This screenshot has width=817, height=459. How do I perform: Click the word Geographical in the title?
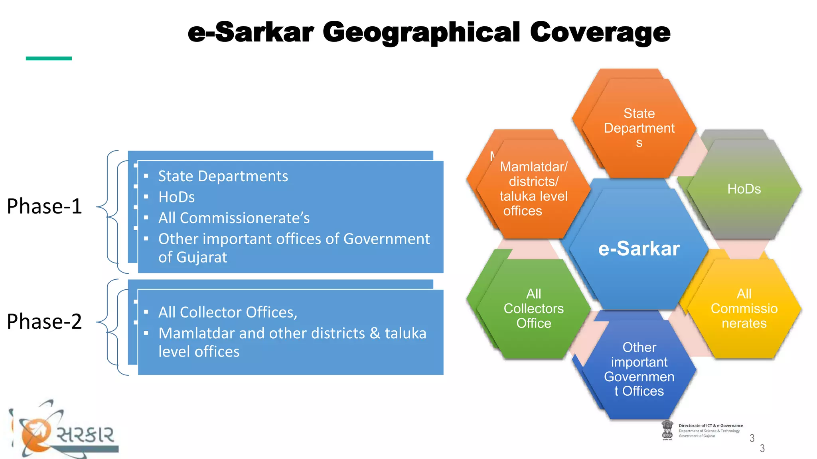[x=421, y=33]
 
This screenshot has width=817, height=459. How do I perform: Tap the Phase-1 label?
[x=44, y=206]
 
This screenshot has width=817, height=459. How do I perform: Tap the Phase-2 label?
[x=44, y=321]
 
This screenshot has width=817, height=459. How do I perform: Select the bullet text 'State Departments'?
[x=223, y=176]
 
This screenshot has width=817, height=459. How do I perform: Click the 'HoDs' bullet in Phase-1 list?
[x=176, y=197]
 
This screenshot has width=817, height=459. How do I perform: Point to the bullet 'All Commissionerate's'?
[x=234, y=218]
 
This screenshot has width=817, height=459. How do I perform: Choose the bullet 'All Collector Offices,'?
[x=228, y=312]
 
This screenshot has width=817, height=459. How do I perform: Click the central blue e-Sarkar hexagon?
[x=639, y=249]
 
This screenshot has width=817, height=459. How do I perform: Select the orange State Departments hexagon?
[x=639, y=128]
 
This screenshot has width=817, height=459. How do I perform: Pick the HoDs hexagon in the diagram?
[x=744, y=189]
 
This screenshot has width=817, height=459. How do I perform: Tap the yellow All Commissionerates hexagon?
[x=744, y=308]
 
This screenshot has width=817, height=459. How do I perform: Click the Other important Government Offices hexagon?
[x=639, y=369]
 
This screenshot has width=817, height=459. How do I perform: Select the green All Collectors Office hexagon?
[x=533, y=308]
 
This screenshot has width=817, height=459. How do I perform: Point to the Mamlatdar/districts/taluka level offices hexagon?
[x=533, y=189]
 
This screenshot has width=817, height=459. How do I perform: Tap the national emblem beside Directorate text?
[x=667, y=430]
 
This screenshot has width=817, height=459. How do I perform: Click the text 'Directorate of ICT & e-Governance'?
[x=711, y=426]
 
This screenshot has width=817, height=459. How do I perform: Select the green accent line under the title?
[x=49, y=58]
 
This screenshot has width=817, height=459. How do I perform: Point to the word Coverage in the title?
[x=600, y=33]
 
